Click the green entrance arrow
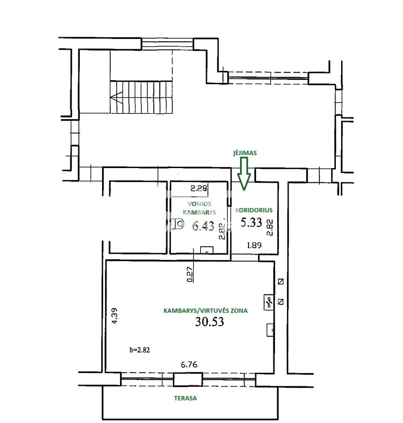(x=244, y=174)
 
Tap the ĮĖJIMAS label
(x=245, y=153)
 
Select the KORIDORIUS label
(x=254, y=210)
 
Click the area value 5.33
(x=251, y=222)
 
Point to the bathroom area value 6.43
(x=203, y=226)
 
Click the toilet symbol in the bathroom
(x=178, y=224)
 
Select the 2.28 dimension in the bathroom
(x=199, y=188)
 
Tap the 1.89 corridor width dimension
(x=254, y=245)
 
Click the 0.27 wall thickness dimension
(x=190, y=274)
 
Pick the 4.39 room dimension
(x=115, y=315)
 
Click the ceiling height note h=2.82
(x=140, y=350)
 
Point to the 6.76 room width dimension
(x=189, y=365)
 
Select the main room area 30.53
(x=210, y=322)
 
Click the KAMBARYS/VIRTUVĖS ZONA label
(x=206, y=311)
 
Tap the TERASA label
(x=185, y=398)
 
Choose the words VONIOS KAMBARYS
(x=199, y=208)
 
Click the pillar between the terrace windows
(x=188, y=379)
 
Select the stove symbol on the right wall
(x=269, y=302)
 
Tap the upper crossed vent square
(x=281, y=282)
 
